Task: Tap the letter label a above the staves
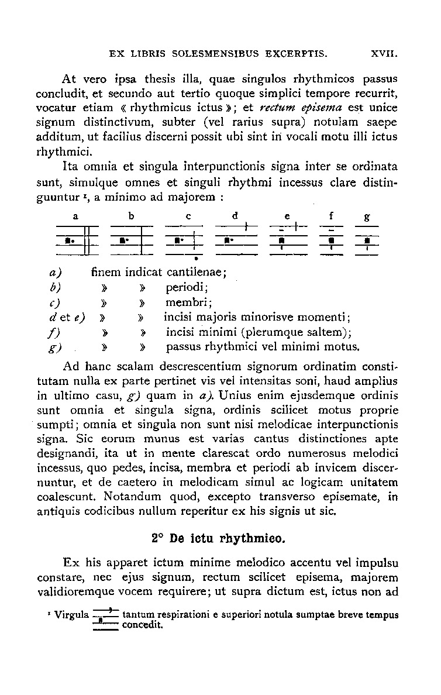(76, 216)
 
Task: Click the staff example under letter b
(132, 240)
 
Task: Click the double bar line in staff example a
(86, 240)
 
